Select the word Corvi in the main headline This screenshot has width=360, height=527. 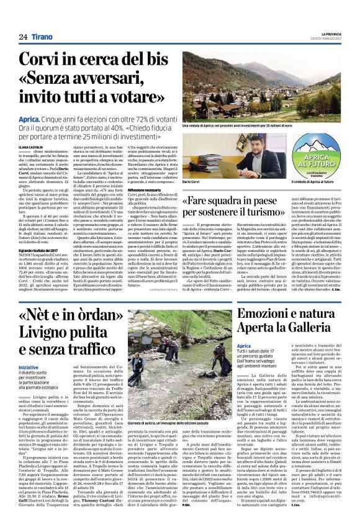coord(42,61)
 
